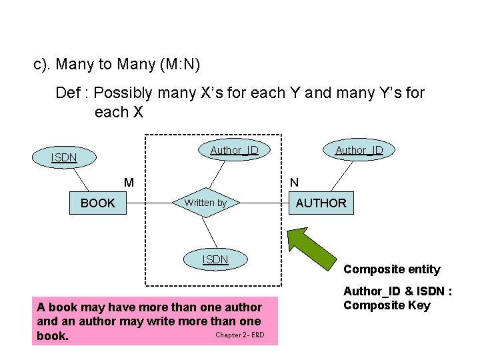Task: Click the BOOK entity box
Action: point(97,203)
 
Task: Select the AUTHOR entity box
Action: point(321,203)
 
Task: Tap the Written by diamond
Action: point(205,203)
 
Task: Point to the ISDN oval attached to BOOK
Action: point(65,157)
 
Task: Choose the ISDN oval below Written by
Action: point(215,259)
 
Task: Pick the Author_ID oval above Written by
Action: point(234,150)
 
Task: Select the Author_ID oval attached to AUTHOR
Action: point(359,150)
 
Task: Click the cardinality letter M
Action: point(129,182)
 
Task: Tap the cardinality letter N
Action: point(294,182)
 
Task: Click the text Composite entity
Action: point(391,269)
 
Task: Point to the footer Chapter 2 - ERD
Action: point(239,335)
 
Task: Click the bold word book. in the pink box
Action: point(53,336)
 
